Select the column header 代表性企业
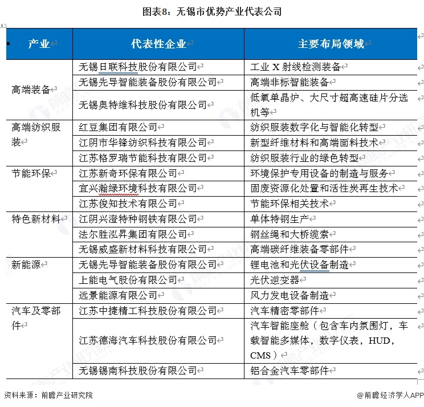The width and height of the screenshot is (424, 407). [x=159, y=44]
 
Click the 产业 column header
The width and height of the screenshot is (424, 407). [x=39, y=44]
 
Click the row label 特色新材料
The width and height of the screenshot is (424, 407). [x=36, y=219]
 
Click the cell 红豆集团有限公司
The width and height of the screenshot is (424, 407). [x=119, y=127]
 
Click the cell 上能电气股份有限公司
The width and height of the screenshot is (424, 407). [x=128, y=280]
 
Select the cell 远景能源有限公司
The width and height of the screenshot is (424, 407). [x=119, y=295]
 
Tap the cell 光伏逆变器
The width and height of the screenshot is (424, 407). [x=276, y=280]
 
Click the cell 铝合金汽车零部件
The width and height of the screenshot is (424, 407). [x=290, y=371]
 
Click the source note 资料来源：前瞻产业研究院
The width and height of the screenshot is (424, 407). [x=48, y=395]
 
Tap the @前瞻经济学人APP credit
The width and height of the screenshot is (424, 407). [x=390, y=395]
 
